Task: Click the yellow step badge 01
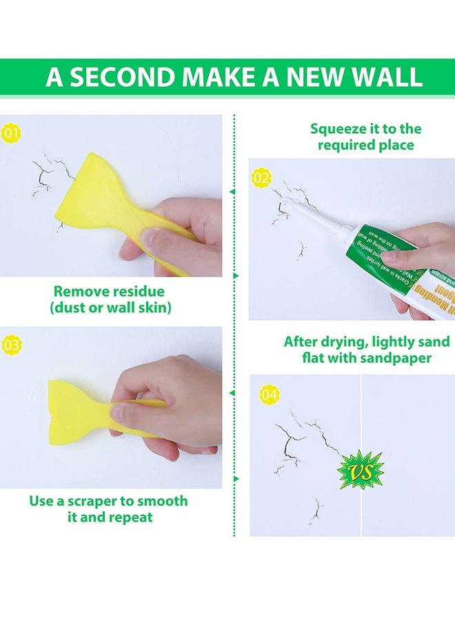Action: coord(12,134)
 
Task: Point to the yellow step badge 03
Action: coord(12,344)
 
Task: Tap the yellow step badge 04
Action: coord(270,395)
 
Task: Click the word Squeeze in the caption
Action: coord(336,129)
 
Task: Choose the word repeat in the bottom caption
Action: coord(132,517)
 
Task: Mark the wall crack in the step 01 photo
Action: coord(43,172)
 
